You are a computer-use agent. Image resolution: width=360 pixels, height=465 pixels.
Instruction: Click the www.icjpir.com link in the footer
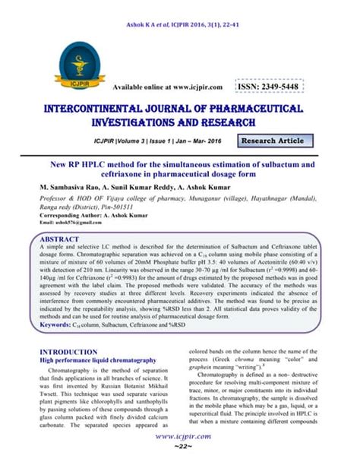(180, 439)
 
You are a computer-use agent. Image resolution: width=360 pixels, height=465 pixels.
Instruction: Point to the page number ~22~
(180, 451)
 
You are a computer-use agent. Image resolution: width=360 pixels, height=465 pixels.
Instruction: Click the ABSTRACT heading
(60, 237)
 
